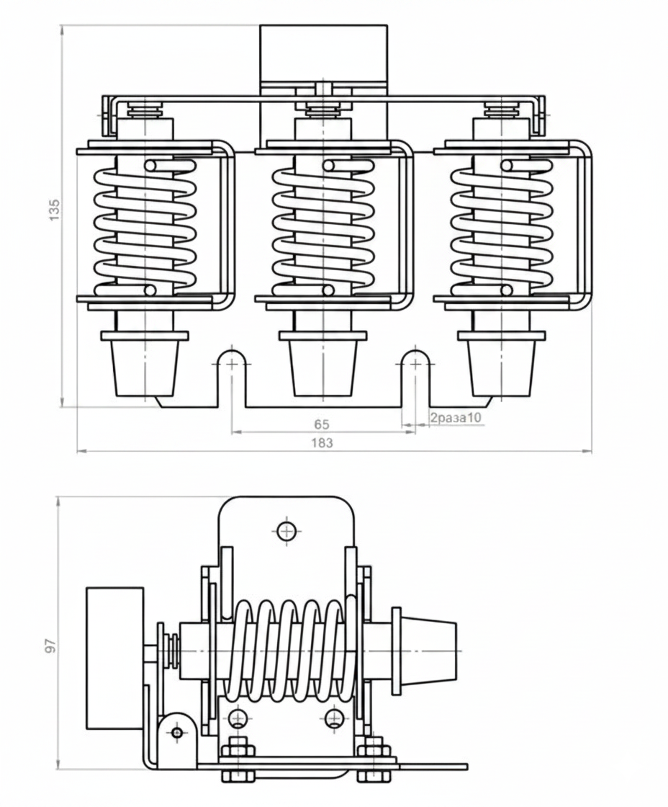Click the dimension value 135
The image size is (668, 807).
[x=54, y=210]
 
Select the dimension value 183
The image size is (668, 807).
[x=322, y=442]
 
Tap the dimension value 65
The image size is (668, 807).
[x=321, y=424]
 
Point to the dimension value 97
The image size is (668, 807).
[x=50, y=646]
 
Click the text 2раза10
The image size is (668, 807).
[x=456, y=417]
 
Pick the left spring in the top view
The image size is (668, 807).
[x=145, y=228]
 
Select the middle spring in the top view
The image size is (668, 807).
[x=323, y=228]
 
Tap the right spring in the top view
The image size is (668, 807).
[x=502, y=228]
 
